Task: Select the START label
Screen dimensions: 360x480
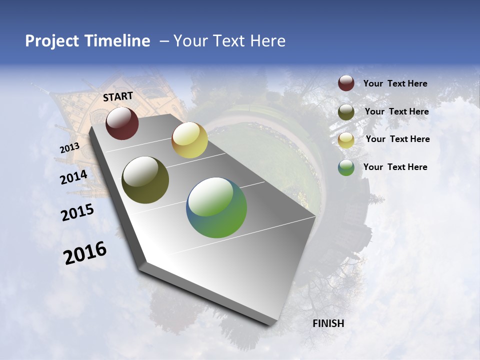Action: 118,96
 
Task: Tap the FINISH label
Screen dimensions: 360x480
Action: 328,323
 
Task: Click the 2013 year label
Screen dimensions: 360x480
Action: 69,148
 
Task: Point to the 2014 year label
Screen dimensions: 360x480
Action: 74,177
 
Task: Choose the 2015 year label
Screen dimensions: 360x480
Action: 77,212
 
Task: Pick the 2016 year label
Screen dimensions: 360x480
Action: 85,253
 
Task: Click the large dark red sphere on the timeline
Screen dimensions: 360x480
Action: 122,123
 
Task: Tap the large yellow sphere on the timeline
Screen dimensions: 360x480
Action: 189,140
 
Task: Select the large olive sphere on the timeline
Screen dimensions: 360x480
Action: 145,180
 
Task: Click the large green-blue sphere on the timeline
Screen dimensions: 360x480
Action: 216,207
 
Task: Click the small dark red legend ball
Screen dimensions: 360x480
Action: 346,83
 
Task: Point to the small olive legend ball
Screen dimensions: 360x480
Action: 346,112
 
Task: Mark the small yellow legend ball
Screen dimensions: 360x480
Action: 346,140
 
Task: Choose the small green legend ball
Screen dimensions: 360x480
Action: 346,167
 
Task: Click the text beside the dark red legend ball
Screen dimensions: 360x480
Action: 395,83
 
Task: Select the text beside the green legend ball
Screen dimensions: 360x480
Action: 395,167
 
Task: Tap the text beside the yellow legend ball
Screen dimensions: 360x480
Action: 397,139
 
